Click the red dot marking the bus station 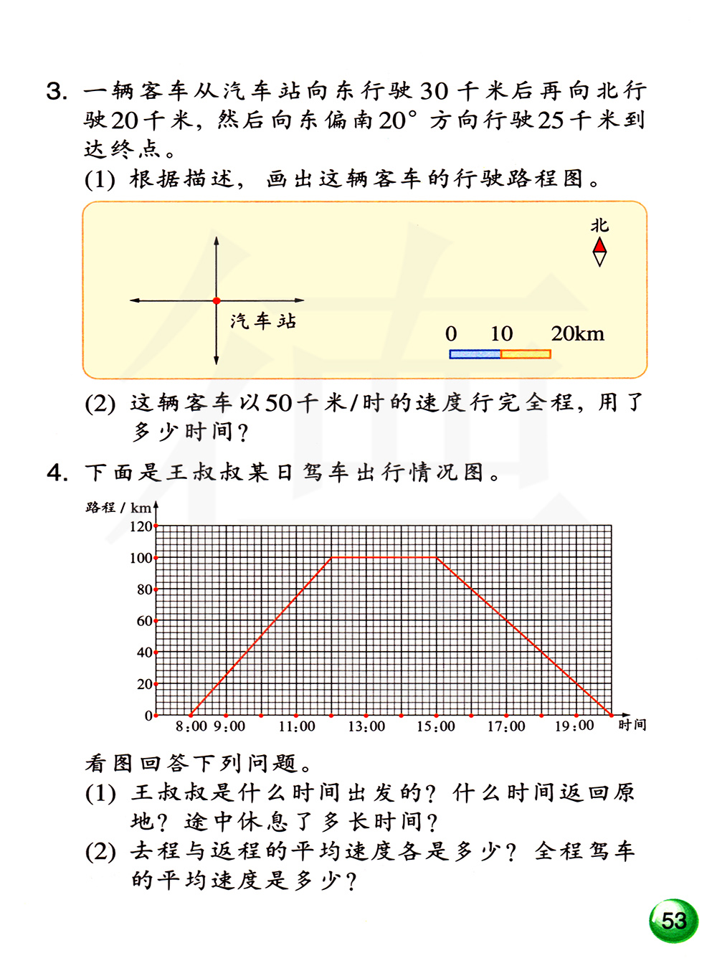point(217,301)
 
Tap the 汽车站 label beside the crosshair point(263,321)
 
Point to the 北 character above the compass point(599,225)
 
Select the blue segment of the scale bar point(475,354)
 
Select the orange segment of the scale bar point(526,354)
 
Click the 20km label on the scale point(577,334)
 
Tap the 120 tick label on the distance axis point(141,526)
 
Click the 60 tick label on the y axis point(144,621)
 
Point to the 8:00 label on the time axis point(191,726)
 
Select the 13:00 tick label point(366,726)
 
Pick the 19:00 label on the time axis point(574,726)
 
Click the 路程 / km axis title point(118,508)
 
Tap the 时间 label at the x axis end point(632,725)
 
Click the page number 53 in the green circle point(674,921)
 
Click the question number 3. point(57,92)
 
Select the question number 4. point(57,473)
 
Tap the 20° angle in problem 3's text point(397,120)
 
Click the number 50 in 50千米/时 point(278,403)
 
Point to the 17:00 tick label point(506,726)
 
